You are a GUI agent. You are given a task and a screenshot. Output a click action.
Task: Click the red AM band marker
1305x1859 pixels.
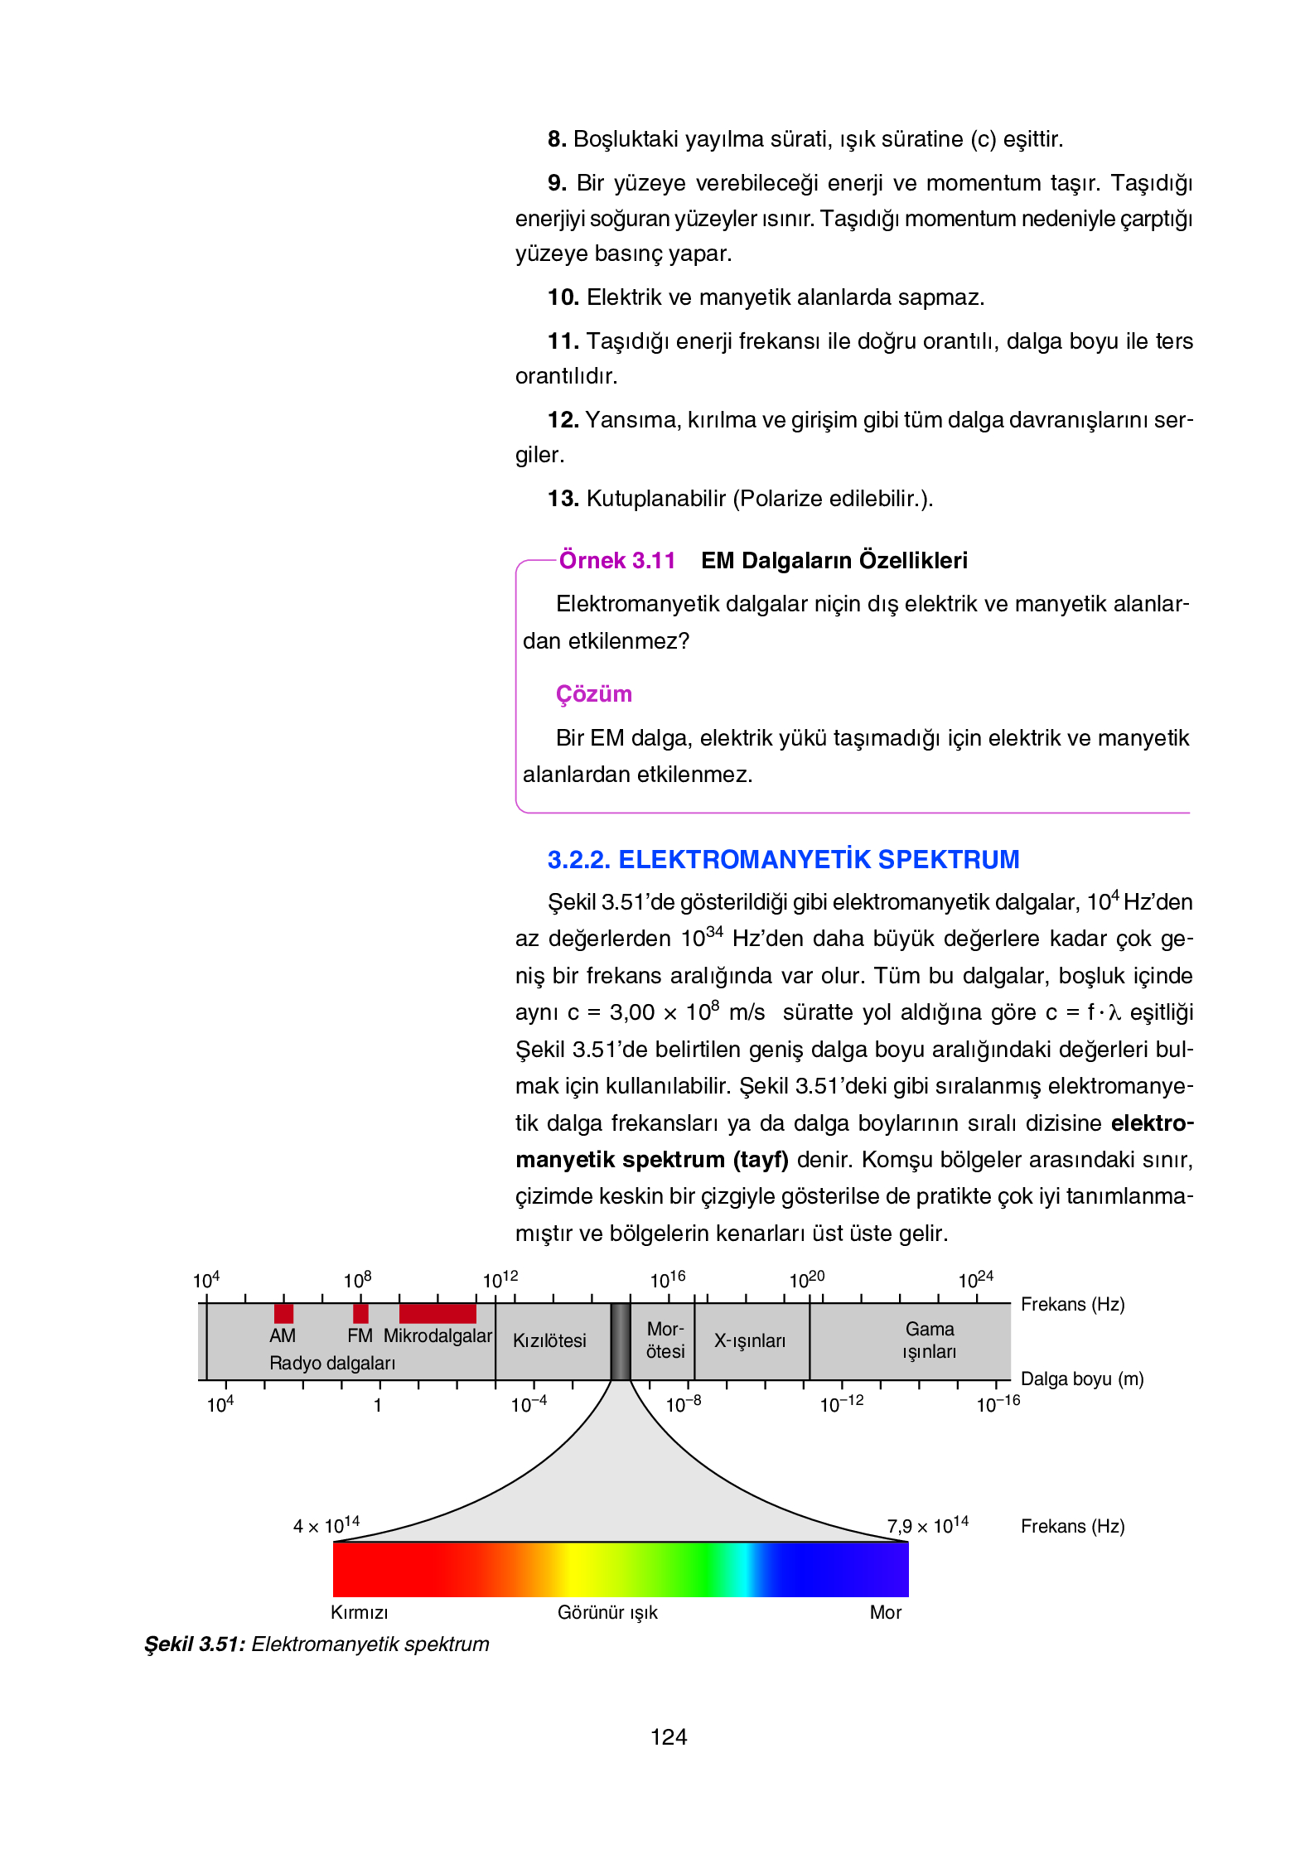click(x=283, y=1313)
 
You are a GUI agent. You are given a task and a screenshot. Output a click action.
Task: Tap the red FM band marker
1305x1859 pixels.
click(x=360, y=1313)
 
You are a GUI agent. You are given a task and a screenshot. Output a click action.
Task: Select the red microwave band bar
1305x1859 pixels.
click(x=437, y=1313)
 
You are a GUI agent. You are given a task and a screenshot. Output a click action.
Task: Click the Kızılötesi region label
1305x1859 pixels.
click(x=549, y=1340)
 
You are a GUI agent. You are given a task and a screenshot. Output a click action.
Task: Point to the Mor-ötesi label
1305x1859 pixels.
click(x=665, y=1340)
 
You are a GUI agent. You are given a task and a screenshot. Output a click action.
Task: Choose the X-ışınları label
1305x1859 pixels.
click(x=750, y=1340)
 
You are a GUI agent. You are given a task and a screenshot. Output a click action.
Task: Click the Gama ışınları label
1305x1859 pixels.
click(x=930, y=1340)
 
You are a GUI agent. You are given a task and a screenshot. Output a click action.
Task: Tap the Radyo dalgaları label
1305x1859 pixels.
click(x=332, y=1363)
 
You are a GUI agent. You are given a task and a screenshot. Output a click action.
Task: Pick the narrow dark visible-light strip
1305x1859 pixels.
click(x=621, y=1341)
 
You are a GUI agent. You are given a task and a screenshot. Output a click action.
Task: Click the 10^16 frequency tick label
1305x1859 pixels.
click(x=668, y=1280)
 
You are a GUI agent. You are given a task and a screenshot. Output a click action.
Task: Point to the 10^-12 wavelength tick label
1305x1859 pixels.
click(x=841, y=1404)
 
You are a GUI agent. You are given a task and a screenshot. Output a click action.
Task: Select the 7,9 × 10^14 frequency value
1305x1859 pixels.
click(x=927, y=1525)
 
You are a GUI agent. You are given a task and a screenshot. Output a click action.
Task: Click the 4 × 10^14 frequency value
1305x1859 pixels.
click(x=326, y=1525)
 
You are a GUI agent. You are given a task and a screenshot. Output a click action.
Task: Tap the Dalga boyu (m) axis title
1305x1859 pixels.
click(x=1082, y=1379)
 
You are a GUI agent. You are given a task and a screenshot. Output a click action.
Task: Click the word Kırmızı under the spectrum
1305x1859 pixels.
click(x=359, y=1612)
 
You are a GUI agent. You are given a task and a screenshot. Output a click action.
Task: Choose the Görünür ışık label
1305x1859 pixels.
click(x=607, y=1612)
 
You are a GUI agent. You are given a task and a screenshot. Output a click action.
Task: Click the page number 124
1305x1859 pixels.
click(x=669, y=1737)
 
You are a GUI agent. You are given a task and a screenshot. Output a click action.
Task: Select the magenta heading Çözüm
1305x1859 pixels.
click(x=593, y=693)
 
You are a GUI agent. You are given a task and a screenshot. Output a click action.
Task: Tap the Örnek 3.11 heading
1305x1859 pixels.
click(x=617, y=561)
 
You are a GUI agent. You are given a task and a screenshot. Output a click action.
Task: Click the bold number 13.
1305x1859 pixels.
click(x=563, y=499)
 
